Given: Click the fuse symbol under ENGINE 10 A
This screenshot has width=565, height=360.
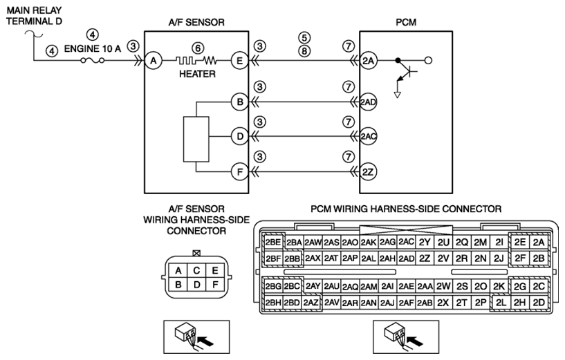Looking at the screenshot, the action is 93,61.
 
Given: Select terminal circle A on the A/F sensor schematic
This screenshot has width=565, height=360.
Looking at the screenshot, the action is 154,61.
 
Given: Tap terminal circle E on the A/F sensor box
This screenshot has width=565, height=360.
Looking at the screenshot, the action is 239,61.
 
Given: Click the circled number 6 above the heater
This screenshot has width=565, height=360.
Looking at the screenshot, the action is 198,48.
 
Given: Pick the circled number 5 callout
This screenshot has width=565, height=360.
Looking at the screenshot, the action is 304,37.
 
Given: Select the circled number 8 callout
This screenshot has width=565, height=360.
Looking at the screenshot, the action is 304,51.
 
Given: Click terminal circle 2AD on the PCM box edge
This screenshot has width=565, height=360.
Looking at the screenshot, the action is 368,102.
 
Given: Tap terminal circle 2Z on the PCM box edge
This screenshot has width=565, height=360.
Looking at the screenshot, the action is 368,172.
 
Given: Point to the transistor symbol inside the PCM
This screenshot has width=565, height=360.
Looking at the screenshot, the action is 407,71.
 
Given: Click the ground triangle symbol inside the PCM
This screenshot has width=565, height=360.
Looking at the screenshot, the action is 398,95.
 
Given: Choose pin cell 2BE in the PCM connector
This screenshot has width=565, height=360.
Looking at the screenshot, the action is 272,243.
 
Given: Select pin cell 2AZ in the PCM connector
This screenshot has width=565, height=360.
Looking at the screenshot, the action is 311,303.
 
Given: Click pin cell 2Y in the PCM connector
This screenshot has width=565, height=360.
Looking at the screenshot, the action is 425,243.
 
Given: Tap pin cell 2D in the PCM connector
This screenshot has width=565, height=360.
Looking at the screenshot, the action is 539,303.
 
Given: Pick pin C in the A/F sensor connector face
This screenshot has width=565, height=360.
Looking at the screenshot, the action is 196,270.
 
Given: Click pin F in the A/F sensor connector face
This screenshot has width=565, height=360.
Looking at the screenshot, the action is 215,285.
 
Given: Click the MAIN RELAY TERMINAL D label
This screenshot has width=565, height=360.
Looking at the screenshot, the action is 34,15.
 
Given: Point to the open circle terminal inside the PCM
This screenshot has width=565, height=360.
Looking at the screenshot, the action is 428,61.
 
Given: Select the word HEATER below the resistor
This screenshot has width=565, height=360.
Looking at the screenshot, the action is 198,74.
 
